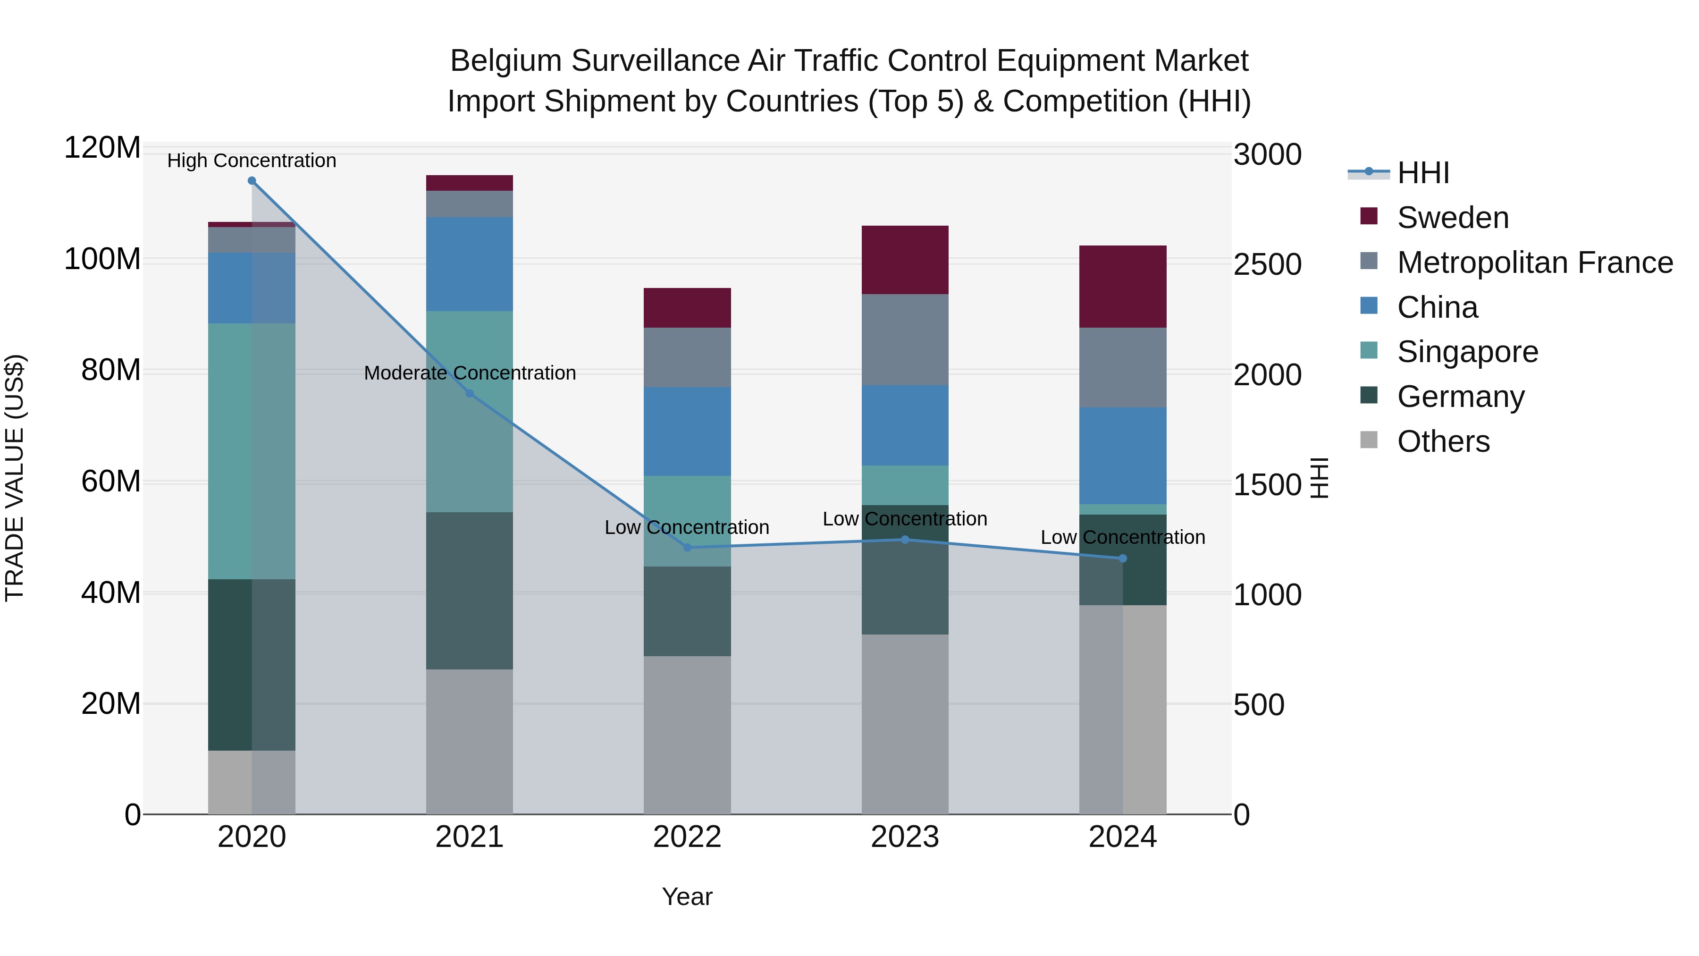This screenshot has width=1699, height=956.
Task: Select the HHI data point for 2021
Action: click(x=470, y=394)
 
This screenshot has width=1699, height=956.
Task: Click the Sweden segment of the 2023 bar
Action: click(x=905, y=260)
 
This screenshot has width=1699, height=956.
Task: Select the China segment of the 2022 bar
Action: click(x=687, y=431)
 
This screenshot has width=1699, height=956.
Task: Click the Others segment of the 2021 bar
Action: click(x=470, y=742)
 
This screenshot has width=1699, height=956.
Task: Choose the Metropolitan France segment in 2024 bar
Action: click(x=1123, y=367)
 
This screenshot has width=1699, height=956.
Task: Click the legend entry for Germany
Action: click(x=1460, y=397)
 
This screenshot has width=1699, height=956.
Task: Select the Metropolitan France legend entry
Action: click(x=1534, y=262)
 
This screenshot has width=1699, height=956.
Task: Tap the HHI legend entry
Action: click(x=1422, y=173)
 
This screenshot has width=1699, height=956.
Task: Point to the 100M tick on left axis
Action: click(x=102, y=259)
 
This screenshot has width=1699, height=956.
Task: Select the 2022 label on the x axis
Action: click(x=687, y=837)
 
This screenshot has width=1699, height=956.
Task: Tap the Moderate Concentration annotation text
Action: click(x=470, y=373)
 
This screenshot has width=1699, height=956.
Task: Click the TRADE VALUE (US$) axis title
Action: click(x=15, y=478)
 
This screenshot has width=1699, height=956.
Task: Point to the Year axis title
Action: click(x=687, y=897)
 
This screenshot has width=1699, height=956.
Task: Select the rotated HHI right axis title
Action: click(x=1319, y=478)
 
